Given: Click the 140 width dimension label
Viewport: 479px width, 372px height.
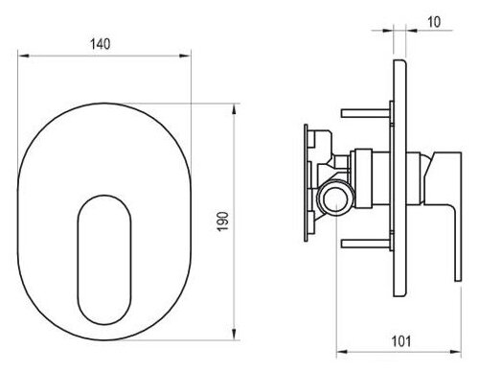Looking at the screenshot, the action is coord(101,44).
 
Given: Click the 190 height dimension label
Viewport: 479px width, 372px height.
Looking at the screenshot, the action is coord(223,221).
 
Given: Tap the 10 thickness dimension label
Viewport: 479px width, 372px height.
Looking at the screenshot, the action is coord(434,22).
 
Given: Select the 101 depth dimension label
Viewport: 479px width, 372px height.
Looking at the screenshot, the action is coord(401,341).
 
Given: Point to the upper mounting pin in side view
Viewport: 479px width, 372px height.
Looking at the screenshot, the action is coord(366,113).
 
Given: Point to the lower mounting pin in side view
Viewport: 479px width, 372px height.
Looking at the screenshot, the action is coord(366,244).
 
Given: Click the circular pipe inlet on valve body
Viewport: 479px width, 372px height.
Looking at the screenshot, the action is coord(335,198).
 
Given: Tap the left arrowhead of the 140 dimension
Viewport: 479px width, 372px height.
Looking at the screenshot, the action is coord(24,56).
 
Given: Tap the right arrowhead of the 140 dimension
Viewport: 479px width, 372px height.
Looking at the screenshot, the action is coord(185,56).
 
